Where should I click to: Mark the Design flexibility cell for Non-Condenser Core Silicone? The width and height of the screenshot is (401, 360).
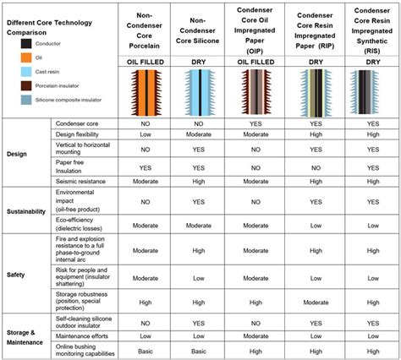click(198, 134)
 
